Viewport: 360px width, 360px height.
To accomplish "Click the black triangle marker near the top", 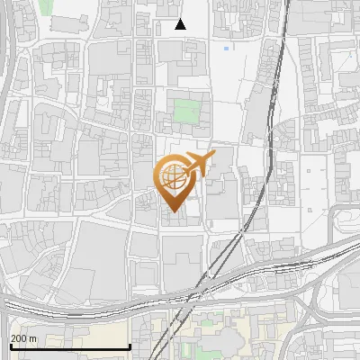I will (180, 24).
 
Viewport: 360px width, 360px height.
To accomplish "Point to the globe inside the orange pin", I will (175, 178).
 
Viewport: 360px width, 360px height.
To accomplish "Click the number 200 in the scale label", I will (19, 338).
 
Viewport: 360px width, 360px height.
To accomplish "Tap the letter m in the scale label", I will (32, 338).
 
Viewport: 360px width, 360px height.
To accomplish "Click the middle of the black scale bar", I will (70, 346).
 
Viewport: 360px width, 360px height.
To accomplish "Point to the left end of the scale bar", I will (10, 346).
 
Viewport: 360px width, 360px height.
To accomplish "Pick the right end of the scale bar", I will (130, 346).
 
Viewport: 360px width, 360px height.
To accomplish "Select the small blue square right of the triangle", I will (226, 48).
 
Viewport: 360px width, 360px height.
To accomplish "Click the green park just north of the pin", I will (186, 112).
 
